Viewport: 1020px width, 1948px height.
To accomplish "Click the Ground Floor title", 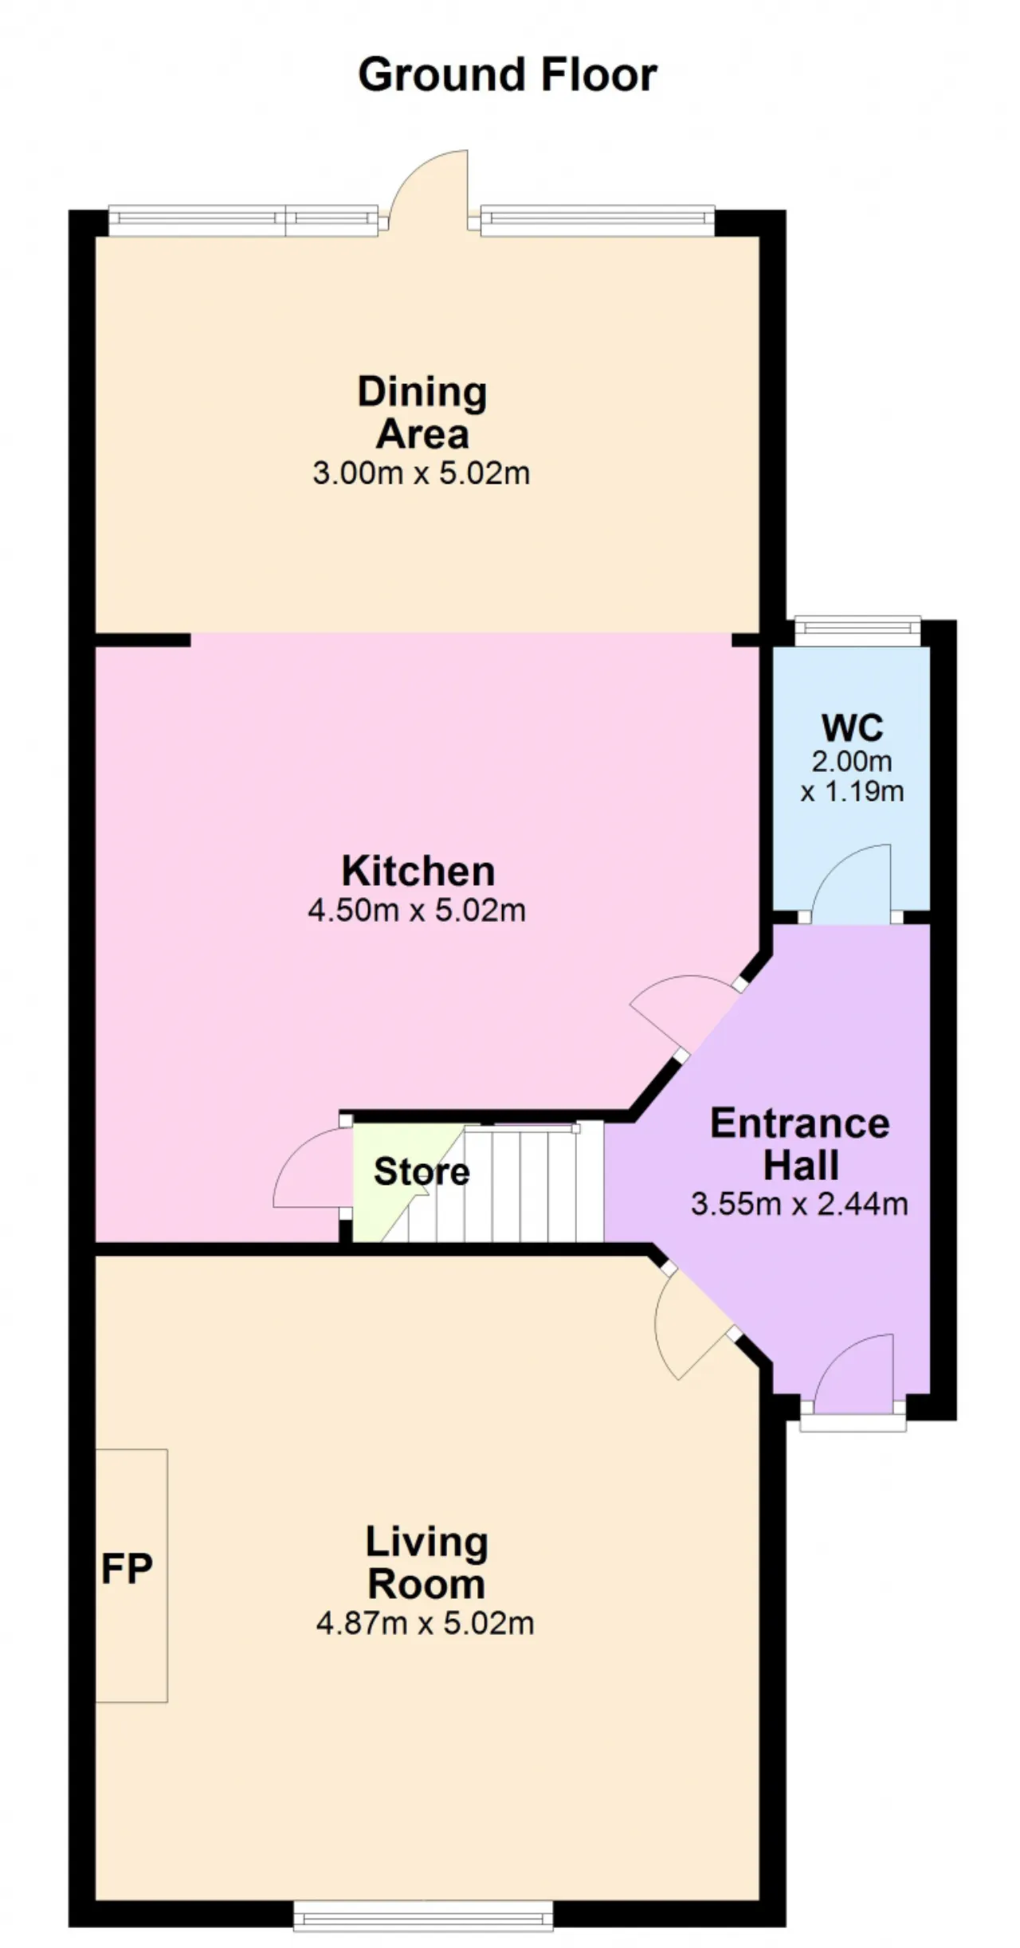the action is [x=508, y=75].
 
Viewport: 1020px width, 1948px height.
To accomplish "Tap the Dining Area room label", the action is [x=422, y=413].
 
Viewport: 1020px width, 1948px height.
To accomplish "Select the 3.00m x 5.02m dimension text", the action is [x=421, y=473].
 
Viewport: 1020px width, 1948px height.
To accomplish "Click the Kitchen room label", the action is [x=418, y=871].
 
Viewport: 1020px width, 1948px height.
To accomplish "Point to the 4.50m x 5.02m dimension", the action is [x=417, y=910].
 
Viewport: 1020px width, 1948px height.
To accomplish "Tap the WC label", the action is [x=852, y=727].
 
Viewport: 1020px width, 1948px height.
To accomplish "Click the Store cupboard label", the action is [x=422, y=1171].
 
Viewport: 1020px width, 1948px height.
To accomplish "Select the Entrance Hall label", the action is [x=799, y=1144].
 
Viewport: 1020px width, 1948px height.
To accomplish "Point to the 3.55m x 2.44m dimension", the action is [x=799, y=1203].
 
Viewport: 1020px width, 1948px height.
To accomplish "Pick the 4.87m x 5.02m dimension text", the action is [x=425, y=1623].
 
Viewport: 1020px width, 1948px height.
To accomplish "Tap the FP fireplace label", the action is [x=127, y=1569].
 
